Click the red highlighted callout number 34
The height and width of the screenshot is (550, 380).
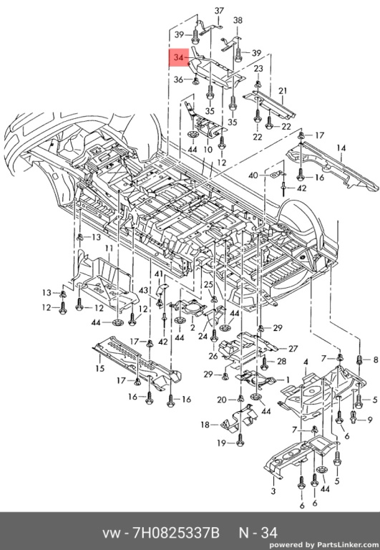(x=179, y=57)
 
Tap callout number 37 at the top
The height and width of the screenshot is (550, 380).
(x=219, y=11)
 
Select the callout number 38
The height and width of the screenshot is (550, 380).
(x=238, y=20)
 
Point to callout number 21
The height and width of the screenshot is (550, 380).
(x=283, y=91)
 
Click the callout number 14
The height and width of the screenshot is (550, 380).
(x=341, y=148)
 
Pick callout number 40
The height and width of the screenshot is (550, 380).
(x=253, y=175)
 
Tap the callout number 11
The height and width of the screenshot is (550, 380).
(x=109, y=249)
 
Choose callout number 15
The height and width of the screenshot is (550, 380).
(x=100, y=368)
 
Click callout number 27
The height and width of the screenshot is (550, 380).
(x=293, y=349)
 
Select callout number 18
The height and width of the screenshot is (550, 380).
(x=205, y=425)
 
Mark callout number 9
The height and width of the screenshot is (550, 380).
(x=370, y=420)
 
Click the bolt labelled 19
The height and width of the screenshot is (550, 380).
(x=240, y=440)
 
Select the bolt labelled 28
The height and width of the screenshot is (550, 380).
(x=265, y=363)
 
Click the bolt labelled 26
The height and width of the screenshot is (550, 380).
(x=214, y=335)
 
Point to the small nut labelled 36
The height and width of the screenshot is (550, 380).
(x=196, y=81)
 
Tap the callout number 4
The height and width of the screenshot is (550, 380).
(x=306, y=362)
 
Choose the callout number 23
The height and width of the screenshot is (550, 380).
(x=258, y=69)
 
